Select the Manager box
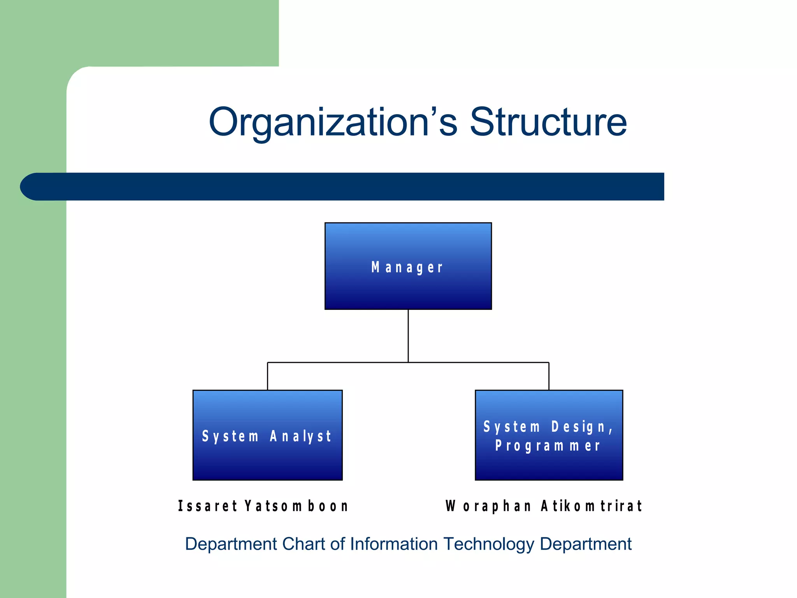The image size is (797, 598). (408, 266)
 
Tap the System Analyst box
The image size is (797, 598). (267, 435)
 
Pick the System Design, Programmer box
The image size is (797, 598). (549, 435)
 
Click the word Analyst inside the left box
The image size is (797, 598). (300, 436)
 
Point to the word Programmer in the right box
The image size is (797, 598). (548, 446)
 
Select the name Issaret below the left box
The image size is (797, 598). (207, 506)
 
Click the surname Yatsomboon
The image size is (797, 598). (296, 506)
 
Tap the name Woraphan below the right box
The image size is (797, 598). (488, 506)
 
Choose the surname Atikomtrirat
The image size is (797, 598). (591, 506)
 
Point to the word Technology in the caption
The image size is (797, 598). (489, 544)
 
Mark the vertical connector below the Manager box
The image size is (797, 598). (408, 336)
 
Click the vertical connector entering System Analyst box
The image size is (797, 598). (267, 376)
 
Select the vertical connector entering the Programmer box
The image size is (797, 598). (549, 376)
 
